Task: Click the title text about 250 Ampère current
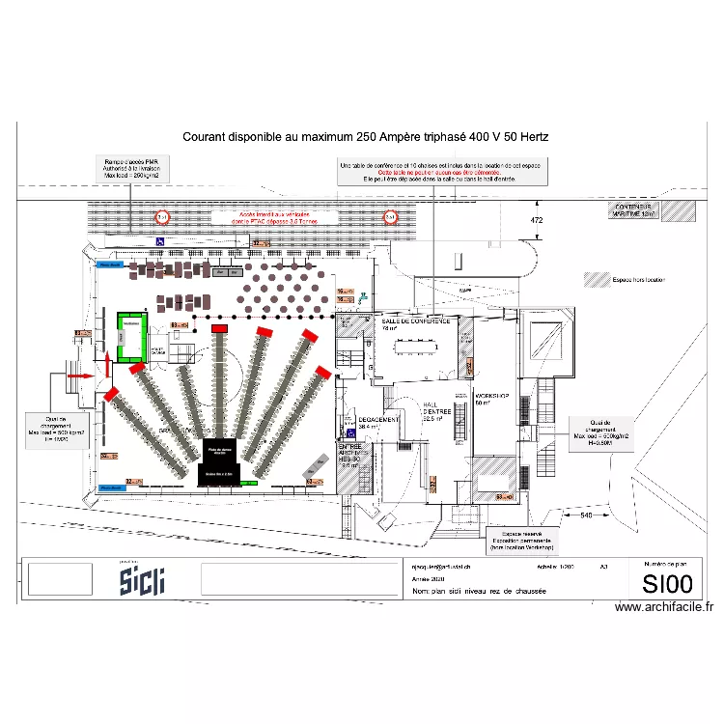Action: [x=366, y=138]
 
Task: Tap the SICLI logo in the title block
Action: [x=142, y=580]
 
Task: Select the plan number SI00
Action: [x=667, y=583]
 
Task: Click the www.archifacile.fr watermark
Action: [x=664, y=607]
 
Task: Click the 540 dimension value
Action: [x=586, y=516]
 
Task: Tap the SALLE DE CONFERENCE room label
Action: [x=415, y=322]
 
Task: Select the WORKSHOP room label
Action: [x=492, y=398]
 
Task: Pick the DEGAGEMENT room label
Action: [x=378, y=421]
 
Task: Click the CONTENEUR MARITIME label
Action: [x=634, y=209]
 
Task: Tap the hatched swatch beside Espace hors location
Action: [x=595, y=280]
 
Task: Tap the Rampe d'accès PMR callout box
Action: [x=131, y=168]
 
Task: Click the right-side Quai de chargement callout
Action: [x=602, y=431]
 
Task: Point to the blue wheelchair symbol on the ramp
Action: [x=160, y=242]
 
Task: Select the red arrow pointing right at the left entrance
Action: [x=85, y=375]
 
